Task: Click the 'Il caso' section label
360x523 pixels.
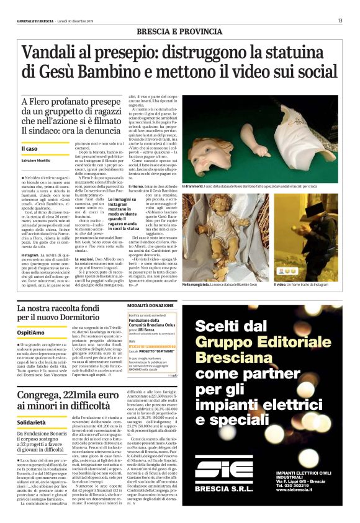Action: (30, 149)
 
